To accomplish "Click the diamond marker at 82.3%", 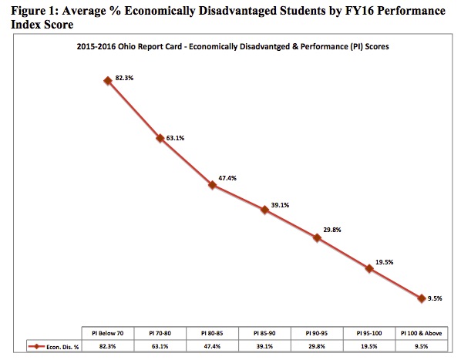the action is tap(108, 80).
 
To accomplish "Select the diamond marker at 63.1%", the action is tap(160, 138).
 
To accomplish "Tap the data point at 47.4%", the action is tap(212, 185).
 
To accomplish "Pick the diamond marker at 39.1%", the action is tap(264, 210).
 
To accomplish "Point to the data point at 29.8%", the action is tap(317, 237).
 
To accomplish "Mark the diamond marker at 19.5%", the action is tap(369, 268).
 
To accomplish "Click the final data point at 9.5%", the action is tap(422, 298).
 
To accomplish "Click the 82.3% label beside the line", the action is tap(124, 78).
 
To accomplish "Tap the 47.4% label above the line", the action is tap(227, 178).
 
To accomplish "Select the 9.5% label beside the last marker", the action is tap(435, 298).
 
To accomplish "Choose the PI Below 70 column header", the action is tap(108, 333).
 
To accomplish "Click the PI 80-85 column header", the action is tap(212, 333).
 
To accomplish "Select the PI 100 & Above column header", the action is tap(422, 333).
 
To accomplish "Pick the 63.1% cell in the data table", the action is tap(160, 346).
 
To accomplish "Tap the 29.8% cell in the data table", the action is tap(317, 346).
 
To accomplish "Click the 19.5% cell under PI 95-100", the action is tap(369, 346).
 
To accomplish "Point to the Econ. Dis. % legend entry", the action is tap(53, 347).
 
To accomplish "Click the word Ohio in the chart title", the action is tap(126, 46).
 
